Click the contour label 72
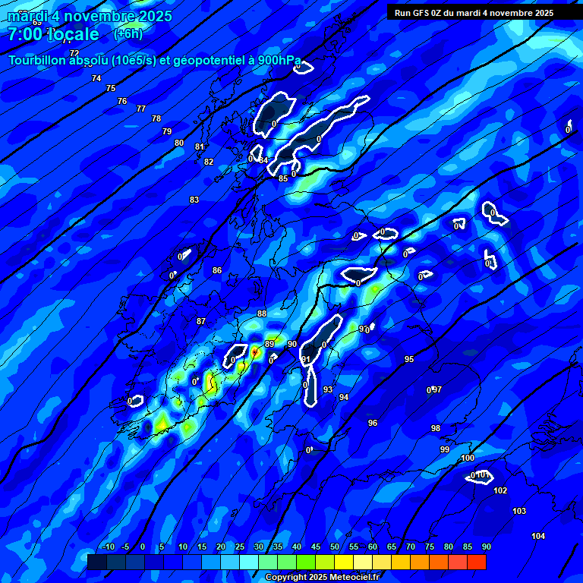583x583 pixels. tap(74, 53)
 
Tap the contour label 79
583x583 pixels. tap(167, 131)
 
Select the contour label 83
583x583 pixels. tap(194, 200)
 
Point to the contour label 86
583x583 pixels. tap(217, 270)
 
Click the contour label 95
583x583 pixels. tap(409, 359)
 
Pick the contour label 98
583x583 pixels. tap(436, 428)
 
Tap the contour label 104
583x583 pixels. tap(538, 536)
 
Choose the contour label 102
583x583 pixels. tap(500, 490)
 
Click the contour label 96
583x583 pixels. tap(373, 423)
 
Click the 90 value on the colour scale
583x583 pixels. tap(487, 547)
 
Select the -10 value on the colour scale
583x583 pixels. tap(107, 547)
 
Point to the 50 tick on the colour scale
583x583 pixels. tap(335, 547)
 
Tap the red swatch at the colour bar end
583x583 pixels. tap(477, 562)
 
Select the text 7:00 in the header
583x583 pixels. tap(25, 34)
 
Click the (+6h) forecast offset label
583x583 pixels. tap(128, 34)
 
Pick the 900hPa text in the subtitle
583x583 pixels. tap(278, 61)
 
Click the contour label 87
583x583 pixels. tap(201, 321)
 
